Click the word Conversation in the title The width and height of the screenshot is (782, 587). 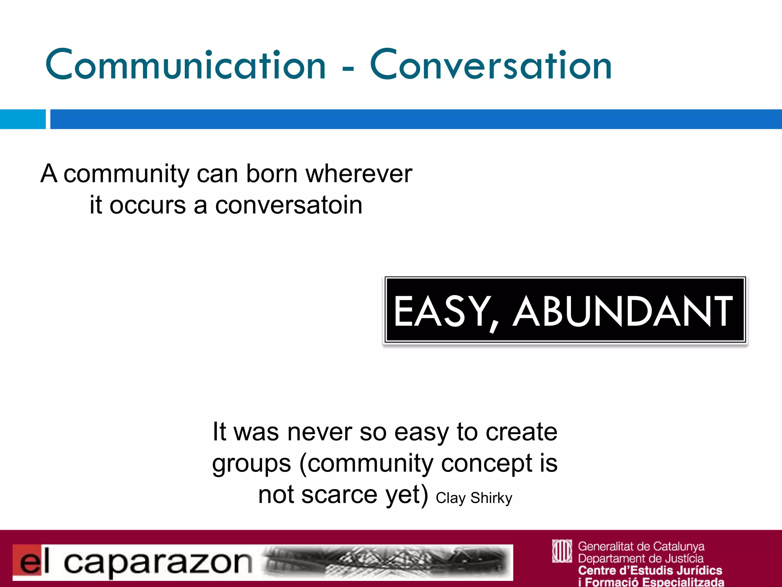click(491, 65)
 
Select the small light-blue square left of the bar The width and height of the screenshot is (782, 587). click(23, 119)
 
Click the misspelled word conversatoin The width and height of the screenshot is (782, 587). click(289, 205)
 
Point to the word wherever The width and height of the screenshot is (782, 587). click(359, 174)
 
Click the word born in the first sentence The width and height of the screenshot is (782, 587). click(271, 174)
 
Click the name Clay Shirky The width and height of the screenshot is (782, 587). click(474, 498)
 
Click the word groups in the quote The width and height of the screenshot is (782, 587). click(252, 464)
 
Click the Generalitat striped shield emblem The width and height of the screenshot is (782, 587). click(562, 551)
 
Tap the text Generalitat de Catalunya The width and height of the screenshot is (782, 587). click(641, 546)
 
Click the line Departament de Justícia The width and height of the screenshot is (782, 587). click(640, 558)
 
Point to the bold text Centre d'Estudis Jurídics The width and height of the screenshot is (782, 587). click(650, 570)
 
